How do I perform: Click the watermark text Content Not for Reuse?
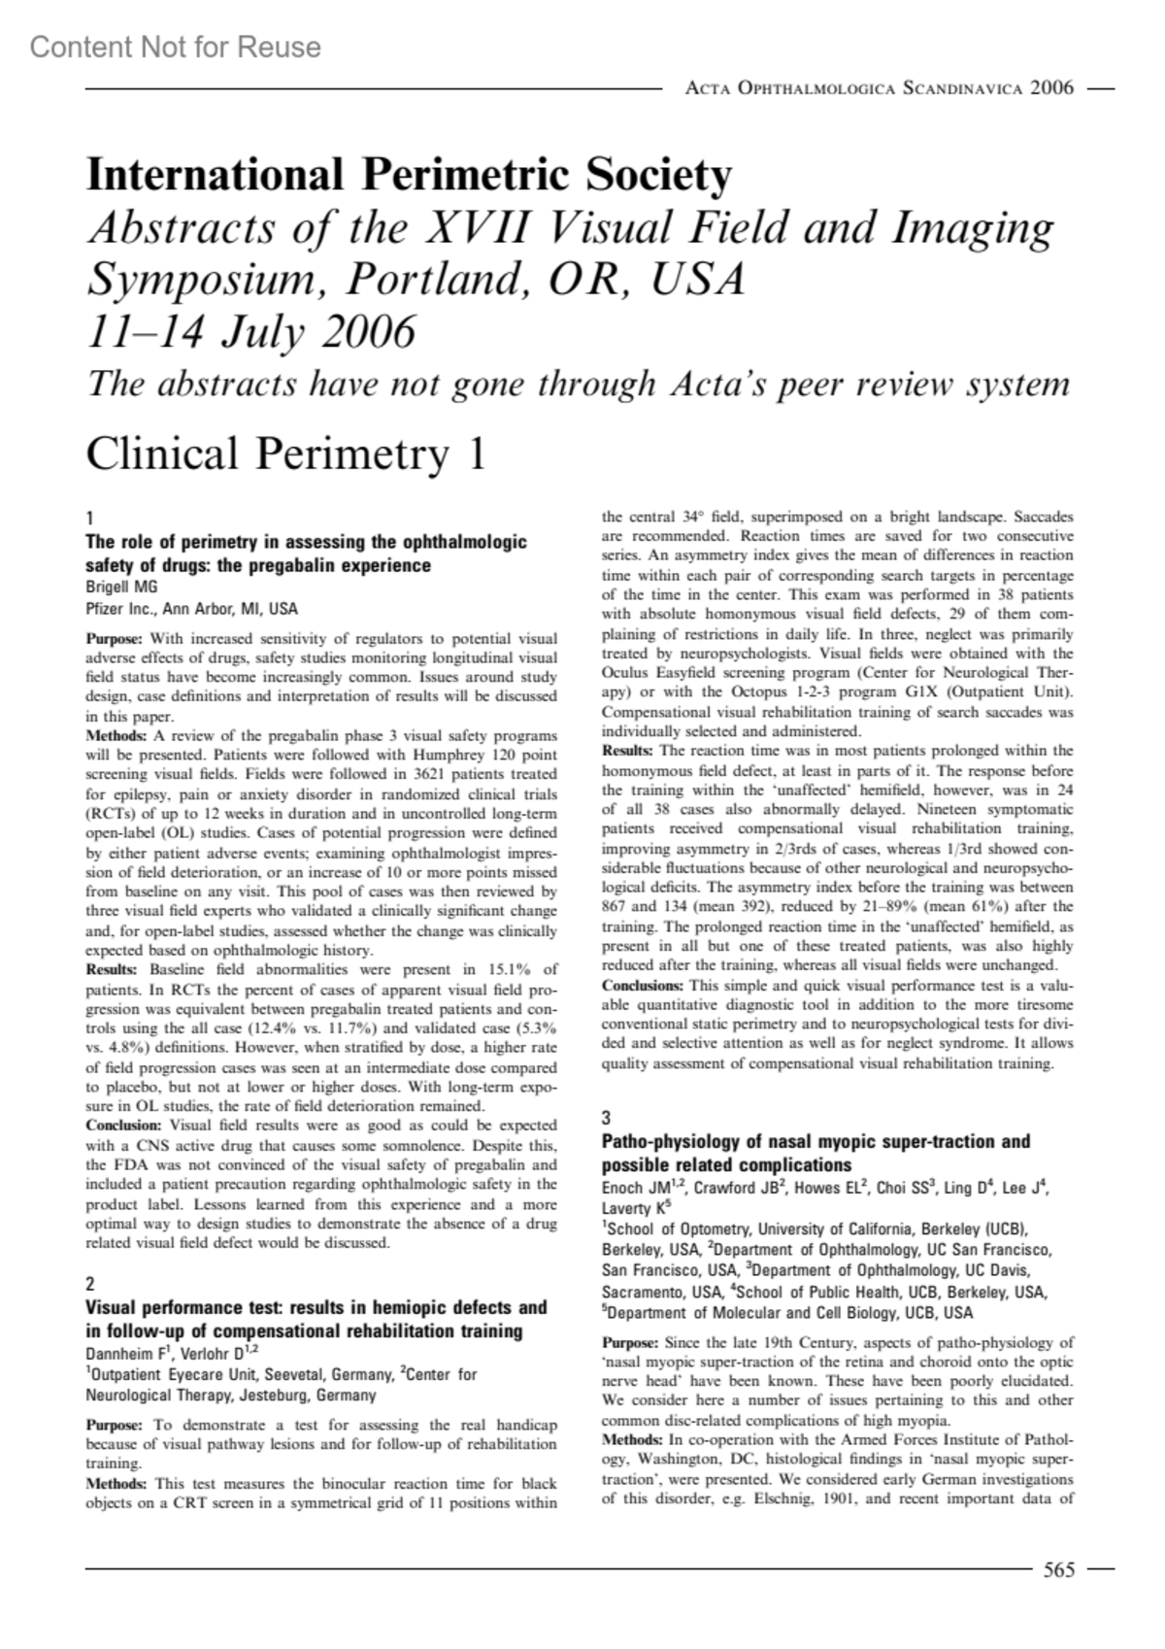click(x=175, y=47)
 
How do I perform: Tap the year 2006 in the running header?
click(x=1051, y=88)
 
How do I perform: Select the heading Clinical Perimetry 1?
click(x=286, y=454)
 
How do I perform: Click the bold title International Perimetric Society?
click(x=409, y=176)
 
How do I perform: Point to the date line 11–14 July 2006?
click(x=251, y=332)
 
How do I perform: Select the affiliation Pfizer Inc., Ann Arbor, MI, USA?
click(x=192, y=610)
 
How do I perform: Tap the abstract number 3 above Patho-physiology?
click(x=607, y=1118)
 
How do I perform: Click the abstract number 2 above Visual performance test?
click(x=91, y=1284)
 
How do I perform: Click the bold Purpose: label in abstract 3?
click(x=630, y=1342)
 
